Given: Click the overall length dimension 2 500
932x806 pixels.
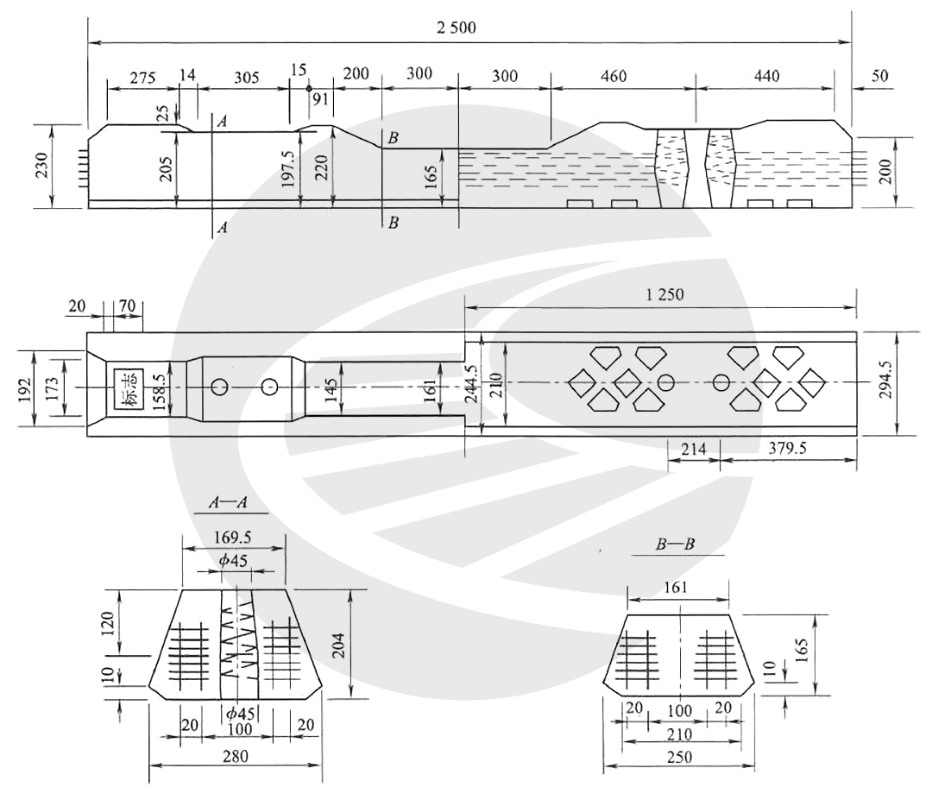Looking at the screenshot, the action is coord(456,28).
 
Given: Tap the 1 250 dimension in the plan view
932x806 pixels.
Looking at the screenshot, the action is coord(664,294).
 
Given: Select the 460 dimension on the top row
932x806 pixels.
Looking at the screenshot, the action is coord(614,76).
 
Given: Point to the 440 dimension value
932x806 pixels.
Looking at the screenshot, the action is coord(767,76).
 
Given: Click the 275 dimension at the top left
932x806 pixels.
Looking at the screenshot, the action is coord(142,78).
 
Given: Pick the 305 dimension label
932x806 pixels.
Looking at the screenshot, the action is coord(246,78).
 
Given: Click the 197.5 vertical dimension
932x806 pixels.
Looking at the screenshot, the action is coord(288,168).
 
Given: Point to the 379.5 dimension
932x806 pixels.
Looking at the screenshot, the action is coord(787,448).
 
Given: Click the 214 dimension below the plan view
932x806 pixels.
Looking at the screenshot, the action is coord(693,449).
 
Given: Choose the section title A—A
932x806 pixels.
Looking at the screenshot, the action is coord(228,503).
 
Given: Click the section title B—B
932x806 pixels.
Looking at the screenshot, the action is coord(675,544).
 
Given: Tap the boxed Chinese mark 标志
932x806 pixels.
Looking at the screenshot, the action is coord(129,388).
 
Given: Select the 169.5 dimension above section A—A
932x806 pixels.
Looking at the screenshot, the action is coord(232,538).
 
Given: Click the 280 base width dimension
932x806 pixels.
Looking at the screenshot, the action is coord(235,757).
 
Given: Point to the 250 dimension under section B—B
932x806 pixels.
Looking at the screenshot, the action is coord(679,758).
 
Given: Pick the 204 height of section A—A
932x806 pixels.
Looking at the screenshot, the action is coord(338,644).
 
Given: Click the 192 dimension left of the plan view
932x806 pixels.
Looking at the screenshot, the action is coord(25,389).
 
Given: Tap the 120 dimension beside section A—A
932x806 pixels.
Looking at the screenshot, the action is coord(108,623).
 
